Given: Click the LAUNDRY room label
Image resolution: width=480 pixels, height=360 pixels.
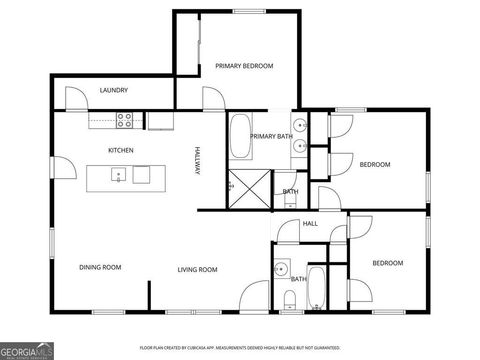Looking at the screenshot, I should [x=113, y=90].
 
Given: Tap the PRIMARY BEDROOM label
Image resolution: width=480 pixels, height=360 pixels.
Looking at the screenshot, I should [x=244, y=66].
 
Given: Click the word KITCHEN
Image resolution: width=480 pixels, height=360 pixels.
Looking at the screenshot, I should [x=121, y=150].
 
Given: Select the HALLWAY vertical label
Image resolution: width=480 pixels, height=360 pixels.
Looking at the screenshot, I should [x=198, y=161].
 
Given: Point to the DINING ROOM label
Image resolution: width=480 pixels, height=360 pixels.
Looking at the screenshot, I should [x=100, y=267].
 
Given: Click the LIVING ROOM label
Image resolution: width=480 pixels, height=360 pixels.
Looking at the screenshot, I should [x=198, y=268].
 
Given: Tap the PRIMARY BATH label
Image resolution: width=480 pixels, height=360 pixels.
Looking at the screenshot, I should [x=270, y=136].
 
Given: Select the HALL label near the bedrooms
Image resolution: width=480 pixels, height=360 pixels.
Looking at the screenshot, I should [x=310, y=223].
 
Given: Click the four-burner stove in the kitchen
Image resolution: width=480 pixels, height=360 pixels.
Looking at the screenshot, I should [x=126, y=120].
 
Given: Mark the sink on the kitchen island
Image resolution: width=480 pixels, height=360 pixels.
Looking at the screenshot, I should [x=119, y=176].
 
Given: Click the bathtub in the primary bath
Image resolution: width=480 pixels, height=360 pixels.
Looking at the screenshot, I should [x=240, y=138].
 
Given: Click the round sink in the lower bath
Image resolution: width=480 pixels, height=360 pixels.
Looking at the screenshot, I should [x=283, y=268].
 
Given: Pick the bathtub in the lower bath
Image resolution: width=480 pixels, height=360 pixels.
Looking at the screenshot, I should [x=317, y=288].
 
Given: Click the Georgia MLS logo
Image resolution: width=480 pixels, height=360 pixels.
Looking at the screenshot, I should [x=27, y=350].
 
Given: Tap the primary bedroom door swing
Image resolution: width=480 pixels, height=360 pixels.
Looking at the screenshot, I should [x=212, y=98].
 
